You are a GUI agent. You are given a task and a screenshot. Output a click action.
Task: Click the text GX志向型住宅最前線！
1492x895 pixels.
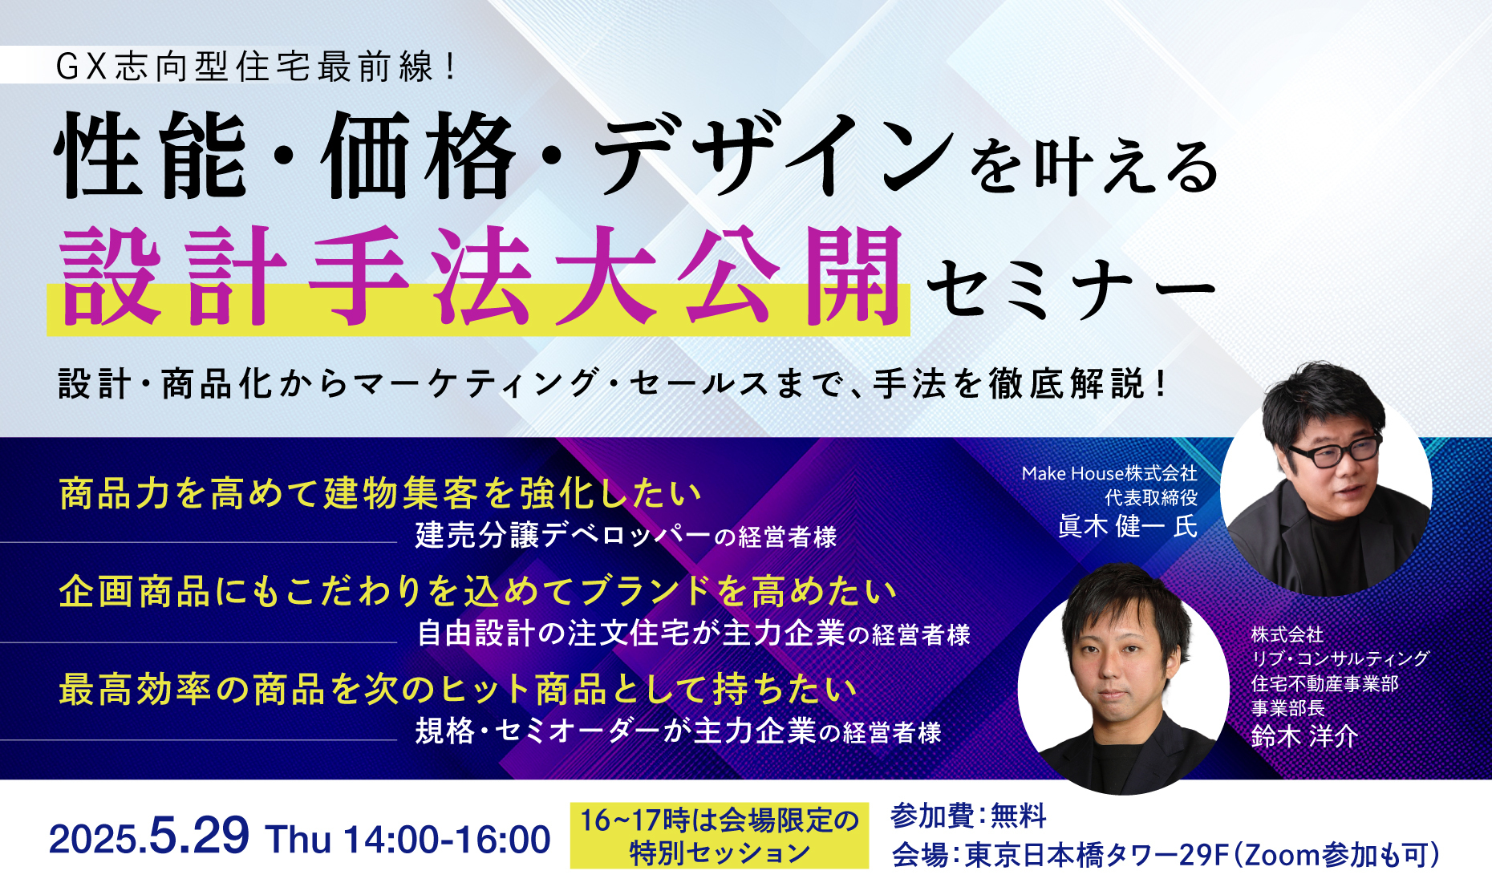pyautogui.click(x=256, y=66)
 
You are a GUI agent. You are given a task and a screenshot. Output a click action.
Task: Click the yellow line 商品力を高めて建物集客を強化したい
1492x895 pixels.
pyautogui.click(x=380, y=493)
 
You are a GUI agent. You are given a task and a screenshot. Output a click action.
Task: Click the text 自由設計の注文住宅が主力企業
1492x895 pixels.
pyautogui.click(x=631, y=634)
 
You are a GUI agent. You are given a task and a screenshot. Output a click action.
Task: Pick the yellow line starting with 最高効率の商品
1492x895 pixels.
pyautogui.click(x=458, y=689)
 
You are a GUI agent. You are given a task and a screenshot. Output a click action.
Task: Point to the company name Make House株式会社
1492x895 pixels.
pyautogui.click(x=1109, y=473)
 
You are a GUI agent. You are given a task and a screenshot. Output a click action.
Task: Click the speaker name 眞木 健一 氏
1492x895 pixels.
pyautogui.click(x=1128, y=526)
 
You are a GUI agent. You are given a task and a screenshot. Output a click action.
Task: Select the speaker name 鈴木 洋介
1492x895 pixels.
pyautogui.click(x=1304, y=735)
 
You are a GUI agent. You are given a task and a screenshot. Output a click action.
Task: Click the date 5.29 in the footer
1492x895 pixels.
pyautogui.click(x=199, y=836)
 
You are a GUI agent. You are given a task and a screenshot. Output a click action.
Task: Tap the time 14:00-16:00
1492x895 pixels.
pyautogui.click(x=447, y=840)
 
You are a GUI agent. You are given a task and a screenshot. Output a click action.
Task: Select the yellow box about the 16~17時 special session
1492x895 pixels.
pyautogui.click(x=720, y=836)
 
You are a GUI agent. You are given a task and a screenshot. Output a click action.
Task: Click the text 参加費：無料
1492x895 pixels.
pyautogui.click(x=968, y=816)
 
